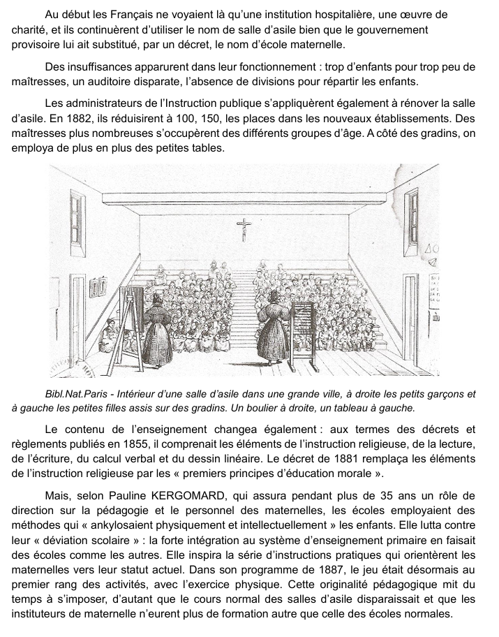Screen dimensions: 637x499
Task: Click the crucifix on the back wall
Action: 244,228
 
